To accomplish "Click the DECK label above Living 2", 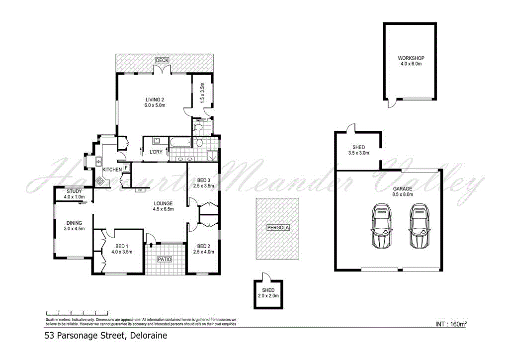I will click(162, 60).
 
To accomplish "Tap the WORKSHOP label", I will click(411, 58).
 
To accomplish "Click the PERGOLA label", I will click(277, 227).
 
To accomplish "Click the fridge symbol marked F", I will click(126, 168).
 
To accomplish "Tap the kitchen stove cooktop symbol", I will click(100, 181).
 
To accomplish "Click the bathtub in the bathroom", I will click(180, 143).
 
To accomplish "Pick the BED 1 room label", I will click(121, 246).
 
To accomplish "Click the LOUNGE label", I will click(163, 203).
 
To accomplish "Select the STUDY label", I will click(75, 191).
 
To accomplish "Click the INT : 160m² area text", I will click(450, 324).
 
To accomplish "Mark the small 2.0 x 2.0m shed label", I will click(268, 296).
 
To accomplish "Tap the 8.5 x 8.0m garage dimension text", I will click(402, 195).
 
